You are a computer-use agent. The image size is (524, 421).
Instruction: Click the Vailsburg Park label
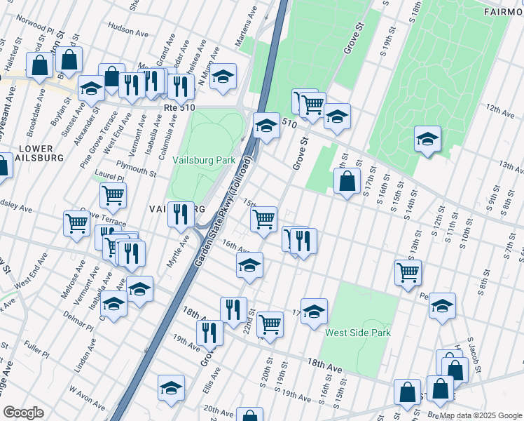[204, 160]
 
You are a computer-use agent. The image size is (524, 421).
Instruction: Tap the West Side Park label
[357, 333]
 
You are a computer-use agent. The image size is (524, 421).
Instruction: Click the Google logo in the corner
[24, 413]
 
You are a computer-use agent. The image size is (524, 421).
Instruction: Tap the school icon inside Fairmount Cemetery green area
[427, 138]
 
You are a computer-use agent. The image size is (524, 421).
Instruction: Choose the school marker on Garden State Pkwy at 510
[266, 126]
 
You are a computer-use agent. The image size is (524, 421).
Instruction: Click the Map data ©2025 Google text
[480, 415]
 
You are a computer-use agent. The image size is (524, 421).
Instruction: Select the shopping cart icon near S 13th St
[408, 272]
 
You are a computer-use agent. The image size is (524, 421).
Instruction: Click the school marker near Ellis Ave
[171, 388]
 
